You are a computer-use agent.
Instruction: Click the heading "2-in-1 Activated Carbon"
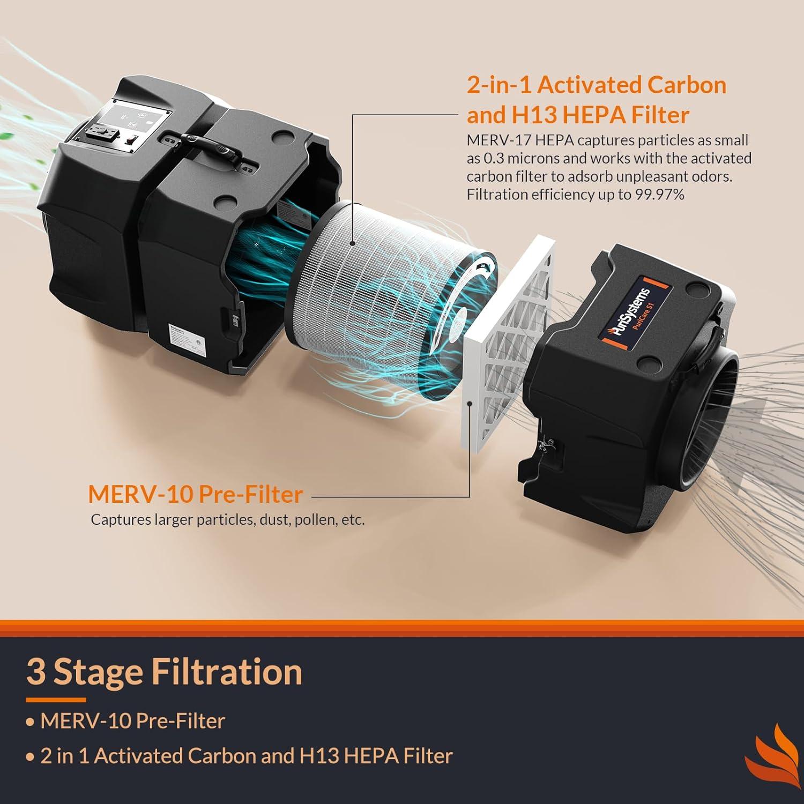(x=596, y=85)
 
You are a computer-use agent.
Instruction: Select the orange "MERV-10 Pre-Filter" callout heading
(x=196, y=494)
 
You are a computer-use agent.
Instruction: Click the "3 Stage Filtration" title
(x=164, y=672)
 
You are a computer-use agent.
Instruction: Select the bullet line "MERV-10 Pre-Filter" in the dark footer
(x=132, y=721)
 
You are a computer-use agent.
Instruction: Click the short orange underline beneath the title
(x=56, y=699)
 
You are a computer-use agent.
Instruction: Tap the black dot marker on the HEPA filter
(x=352, y=243)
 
